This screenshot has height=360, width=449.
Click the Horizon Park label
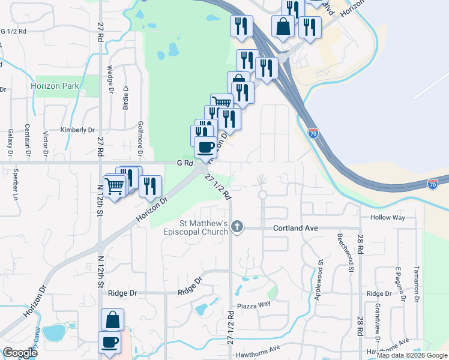pyautogui.click(x=55, y=86)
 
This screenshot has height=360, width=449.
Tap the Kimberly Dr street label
pyautogui.click(x=78, y=130)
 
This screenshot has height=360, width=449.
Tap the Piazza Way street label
pyautogui.click(x=255, y=304)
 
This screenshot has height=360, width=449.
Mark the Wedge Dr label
pyautogui.click(x=111, y=79)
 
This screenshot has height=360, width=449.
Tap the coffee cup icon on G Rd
pyautogui.click(x=205, y=146)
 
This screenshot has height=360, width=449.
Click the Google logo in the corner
pyautogui.click(x=20, y=353)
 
